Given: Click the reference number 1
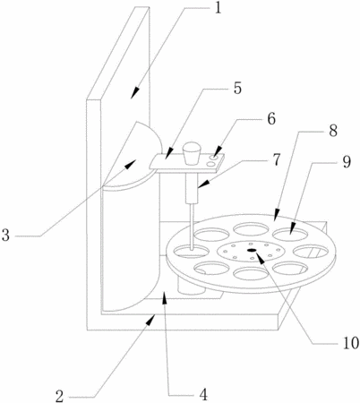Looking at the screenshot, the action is [219, 9].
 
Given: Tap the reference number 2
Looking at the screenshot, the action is [60, 396].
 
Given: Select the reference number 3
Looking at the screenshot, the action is [5, 235].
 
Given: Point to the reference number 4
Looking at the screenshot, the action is [203, 395].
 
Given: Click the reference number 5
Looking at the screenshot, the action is [237, 89].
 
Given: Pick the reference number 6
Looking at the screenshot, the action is [271, 119].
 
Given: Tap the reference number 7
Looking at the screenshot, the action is [277, 159].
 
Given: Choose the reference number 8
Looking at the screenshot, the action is [333, 131].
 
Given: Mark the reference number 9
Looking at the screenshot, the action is [347, 162].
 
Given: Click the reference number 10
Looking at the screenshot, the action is [351, 343].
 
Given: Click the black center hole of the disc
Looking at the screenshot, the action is [252, 250].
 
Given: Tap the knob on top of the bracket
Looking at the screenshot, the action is [192, 153].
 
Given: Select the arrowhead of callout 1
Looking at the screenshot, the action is [135, 92].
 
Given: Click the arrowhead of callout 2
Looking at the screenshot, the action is [150, 320].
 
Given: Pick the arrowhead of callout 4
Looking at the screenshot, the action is [163, 297].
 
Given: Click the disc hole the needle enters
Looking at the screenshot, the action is [191, 251].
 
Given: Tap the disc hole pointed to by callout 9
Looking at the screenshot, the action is [290, 234].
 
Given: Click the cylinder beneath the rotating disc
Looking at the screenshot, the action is [191, 286].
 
